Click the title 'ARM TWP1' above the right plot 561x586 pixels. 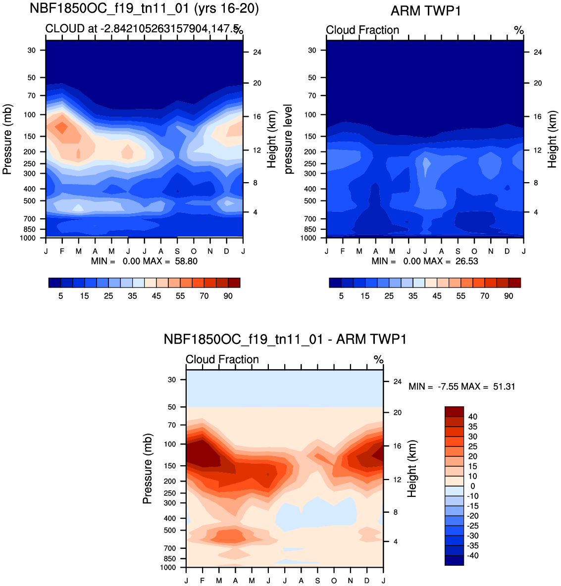[425, 11]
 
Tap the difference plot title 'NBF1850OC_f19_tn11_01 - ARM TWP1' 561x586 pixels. [285, 340]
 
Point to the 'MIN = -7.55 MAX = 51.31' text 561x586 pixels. [461, 387]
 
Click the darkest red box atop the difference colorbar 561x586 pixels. [454, 411]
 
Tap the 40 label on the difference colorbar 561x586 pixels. [473, 417]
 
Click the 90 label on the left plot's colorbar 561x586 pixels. [228, 296]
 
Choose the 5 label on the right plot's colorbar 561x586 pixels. [341, 296]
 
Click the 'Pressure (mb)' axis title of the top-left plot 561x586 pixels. [7, 139]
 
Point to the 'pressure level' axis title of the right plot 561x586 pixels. [288, 139]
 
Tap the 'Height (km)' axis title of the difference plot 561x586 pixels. [412, 468]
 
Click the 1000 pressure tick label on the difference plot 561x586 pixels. [168, 567]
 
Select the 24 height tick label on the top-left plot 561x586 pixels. [257, 52]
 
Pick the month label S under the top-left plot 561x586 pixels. [177, 251]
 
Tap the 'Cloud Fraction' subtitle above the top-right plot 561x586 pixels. [362, 30]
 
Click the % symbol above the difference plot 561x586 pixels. [378, 360]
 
